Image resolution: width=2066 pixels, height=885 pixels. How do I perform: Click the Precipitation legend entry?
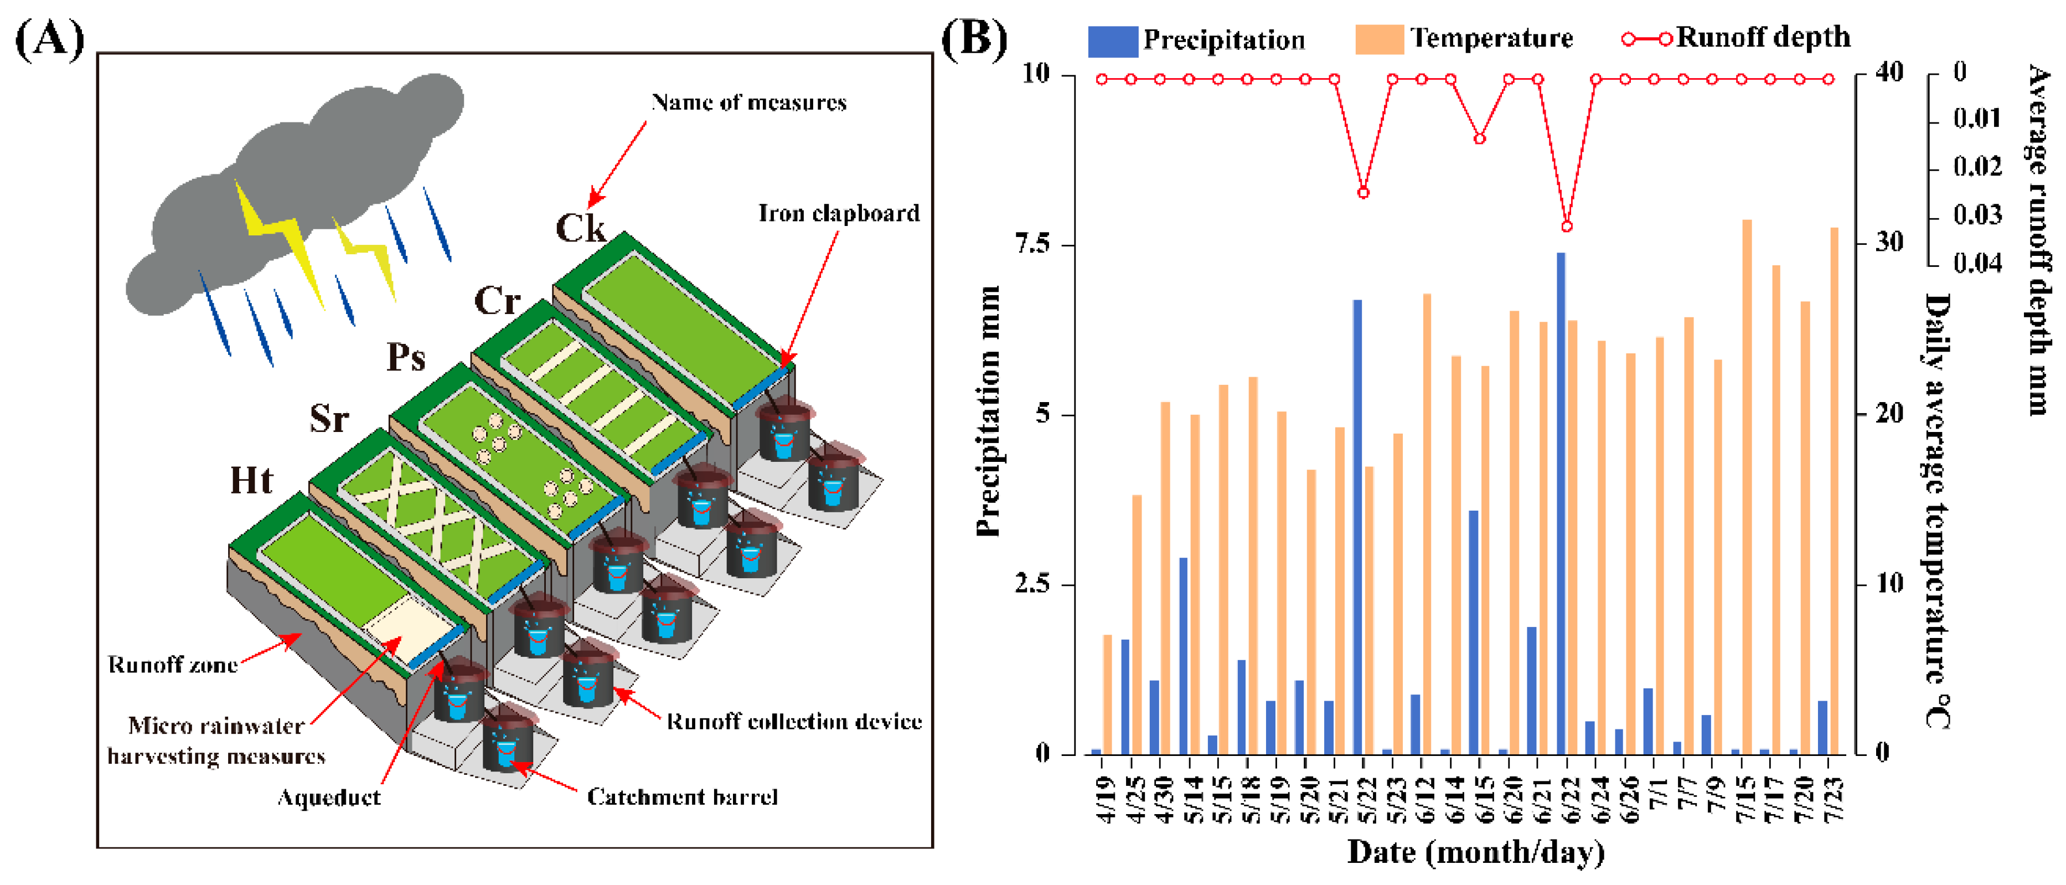(1196, 40)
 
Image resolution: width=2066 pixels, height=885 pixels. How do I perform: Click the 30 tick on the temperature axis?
(1889, 243)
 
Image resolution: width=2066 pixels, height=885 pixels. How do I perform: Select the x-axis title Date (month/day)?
(1476, 852)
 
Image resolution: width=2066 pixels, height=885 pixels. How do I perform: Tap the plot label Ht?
(251, 481)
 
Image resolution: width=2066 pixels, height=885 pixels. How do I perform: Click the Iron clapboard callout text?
(838, 213)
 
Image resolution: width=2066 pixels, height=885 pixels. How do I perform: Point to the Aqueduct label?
(328, 797)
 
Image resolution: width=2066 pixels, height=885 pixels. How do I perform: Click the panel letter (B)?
(973, 39)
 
